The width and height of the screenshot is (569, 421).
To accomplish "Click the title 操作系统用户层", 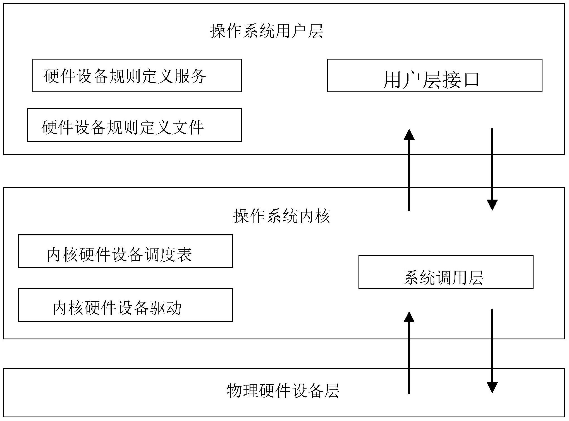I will coord(267,31).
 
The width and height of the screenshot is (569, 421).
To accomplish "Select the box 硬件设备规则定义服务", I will coord(137,75).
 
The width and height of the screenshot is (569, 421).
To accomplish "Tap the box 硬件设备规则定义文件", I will coord(134,125).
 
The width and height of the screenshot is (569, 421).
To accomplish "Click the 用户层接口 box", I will coord(434,75).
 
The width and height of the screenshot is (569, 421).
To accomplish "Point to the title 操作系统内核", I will coord(281,216).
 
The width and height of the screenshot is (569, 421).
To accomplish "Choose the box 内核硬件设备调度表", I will coord(125,251).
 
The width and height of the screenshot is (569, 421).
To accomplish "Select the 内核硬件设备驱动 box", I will coord(125,305).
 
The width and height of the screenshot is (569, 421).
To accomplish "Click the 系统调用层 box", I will coord(446,272).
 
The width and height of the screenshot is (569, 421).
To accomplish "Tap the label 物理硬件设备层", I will coord(283,391).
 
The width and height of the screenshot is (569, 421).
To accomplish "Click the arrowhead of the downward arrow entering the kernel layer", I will coord(492,205).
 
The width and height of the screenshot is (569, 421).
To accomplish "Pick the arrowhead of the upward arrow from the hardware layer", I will coord(409,317).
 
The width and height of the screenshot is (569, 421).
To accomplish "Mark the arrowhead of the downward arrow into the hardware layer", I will coord(492,387).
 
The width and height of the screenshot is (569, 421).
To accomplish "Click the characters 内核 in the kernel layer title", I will coord(314,216).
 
